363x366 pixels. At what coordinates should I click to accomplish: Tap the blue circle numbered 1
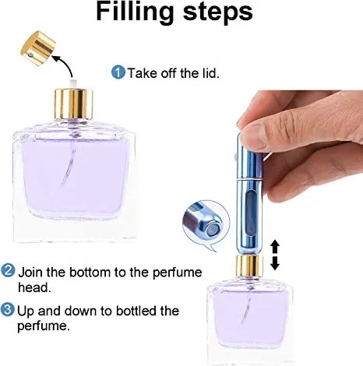pos(118,72)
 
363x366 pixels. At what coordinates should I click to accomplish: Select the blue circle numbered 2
pos(8,272)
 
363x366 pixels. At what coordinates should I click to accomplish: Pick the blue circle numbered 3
pos(8,311)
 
